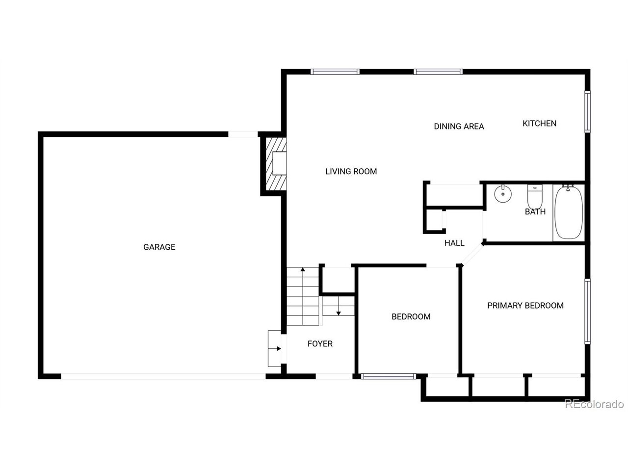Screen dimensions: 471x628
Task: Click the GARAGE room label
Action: pos(159,247)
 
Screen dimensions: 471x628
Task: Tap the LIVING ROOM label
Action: pos(351,171)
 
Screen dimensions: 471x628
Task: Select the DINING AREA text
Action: pos(459,127)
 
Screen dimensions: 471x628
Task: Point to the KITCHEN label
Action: pos(539,124)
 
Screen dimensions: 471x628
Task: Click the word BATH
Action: pos(535,212)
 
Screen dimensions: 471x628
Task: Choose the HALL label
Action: pos(454,243)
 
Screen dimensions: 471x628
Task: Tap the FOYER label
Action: pos(320,344)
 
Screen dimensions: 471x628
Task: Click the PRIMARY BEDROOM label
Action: pos(525,306)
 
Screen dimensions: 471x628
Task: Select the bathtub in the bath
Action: pos(569,212)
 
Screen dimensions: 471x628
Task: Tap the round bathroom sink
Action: pos(502,194)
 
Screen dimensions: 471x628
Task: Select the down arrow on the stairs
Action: pos(339,312)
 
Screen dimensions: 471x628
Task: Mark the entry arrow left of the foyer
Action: pos(278,349)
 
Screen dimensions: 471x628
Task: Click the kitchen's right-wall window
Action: pos(587,111)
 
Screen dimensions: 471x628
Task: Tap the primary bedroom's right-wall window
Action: pos(587,311)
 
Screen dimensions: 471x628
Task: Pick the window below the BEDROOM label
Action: pos(388,377)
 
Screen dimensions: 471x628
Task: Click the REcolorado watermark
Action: pos(594,404)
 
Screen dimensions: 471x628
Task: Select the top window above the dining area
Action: pos(438,72)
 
